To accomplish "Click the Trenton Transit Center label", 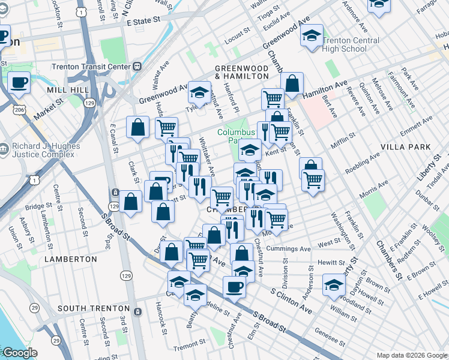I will point(99,66).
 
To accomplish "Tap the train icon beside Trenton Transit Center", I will point(137,66).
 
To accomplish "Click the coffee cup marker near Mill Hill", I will point(19,83).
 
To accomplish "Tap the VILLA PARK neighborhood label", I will point(405,146).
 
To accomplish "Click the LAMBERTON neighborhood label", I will point(70,259).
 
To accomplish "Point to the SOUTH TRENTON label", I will point(94,308).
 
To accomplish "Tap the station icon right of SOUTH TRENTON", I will point(138,311).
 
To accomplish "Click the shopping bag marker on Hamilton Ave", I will point(292,85).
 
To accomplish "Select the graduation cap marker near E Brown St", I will point(334,285).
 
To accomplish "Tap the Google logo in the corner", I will point(19,353).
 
